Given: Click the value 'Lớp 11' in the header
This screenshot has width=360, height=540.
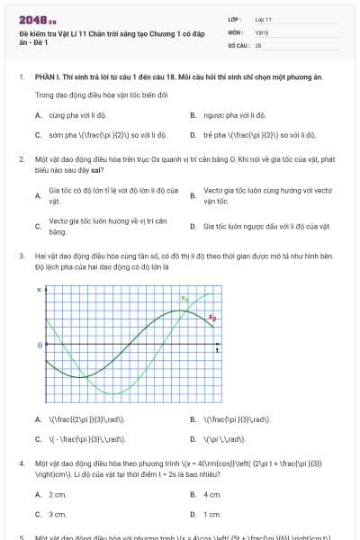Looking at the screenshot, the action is (x=263, y=19).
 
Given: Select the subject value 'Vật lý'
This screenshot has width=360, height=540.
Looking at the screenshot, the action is (x=261, y=31).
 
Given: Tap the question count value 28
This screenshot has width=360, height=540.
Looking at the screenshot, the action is (x=258, y=44).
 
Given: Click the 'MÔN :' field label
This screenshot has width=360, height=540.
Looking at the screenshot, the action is (x=236, y=31).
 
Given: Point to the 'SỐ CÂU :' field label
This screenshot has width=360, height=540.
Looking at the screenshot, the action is (x=239, y=44).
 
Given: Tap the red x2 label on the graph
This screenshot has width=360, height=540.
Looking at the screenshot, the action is (x=212, y=317).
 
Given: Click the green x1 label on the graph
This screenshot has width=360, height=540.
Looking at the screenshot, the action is (x=184, y=298).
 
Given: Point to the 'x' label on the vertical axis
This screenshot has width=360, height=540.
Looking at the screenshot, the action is (x=39, y=291).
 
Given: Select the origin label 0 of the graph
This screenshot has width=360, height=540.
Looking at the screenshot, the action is (x=38, y=345).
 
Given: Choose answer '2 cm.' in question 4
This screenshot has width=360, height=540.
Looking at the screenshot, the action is (x=58, y=494).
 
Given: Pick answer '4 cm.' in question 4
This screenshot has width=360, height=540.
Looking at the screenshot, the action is (x=212, y=494).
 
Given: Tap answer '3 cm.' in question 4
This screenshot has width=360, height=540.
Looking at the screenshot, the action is (x=58, y=514).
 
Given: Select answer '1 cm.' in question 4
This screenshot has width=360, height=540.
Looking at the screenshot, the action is (x=212, y=514).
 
